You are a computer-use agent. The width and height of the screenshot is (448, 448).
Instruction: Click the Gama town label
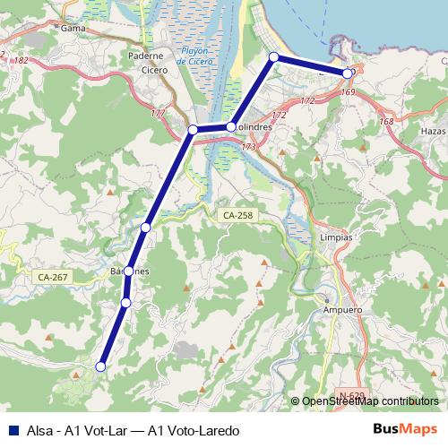point(73,28)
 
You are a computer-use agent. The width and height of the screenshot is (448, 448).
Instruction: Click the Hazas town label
point(432,132)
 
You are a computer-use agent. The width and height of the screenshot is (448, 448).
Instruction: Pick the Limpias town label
point(336,237)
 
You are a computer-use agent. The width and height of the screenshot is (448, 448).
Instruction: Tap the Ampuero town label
point(340,310)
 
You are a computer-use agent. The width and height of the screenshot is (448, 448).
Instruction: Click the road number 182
point(22,60)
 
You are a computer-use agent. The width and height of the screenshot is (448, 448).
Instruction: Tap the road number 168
point(386,122)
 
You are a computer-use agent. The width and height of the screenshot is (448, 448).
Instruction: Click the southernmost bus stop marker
point(101,366)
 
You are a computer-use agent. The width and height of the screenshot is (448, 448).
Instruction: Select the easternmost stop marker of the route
point(348,73)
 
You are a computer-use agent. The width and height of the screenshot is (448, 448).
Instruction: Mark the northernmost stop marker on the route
point(274,57)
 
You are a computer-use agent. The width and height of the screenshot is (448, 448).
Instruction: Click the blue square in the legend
point(12,429)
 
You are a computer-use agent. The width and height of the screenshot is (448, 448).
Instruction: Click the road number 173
point(248,146)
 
